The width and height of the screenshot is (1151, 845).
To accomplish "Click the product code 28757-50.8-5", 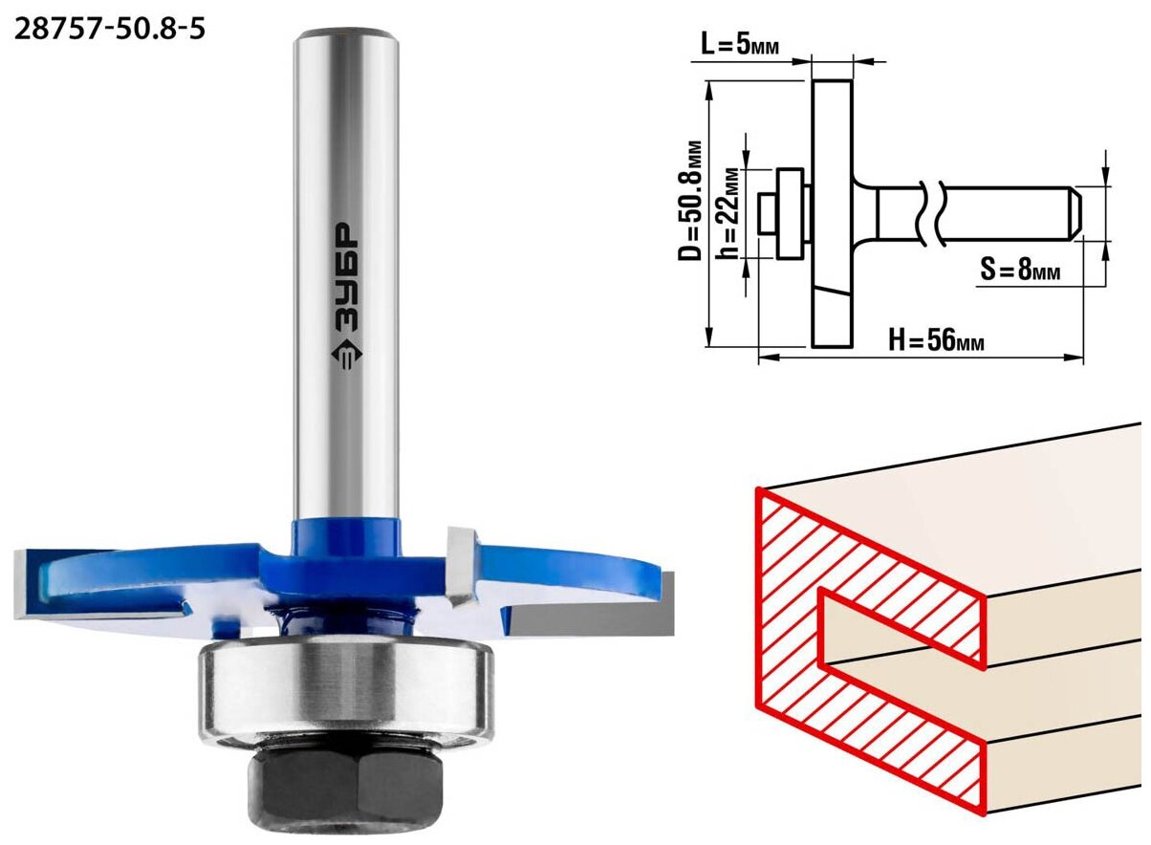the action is (x=109, y=29).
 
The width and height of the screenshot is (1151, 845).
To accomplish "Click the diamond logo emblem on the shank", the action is (x=346, y=355).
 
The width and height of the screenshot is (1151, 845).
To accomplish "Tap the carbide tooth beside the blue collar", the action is (x=463, y=565).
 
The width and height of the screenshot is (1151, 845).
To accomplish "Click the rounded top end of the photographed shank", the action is (x=346, y=37).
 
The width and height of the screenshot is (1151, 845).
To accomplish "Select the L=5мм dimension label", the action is (x=740, y=46).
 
